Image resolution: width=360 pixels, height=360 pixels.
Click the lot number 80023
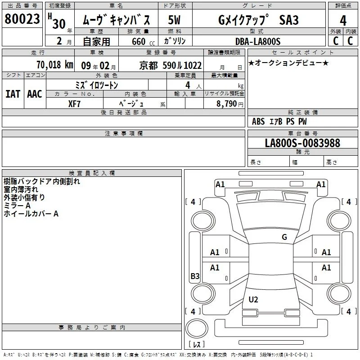coord(22,19)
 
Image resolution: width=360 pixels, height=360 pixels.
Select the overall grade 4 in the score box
coord(343,20)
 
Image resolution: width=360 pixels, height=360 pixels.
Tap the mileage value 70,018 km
coord(55,65)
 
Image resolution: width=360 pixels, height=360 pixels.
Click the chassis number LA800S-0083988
coord(302,143)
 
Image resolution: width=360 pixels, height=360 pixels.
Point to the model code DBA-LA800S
coord(258,41)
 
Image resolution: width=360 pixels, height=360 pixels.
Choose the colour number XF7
coord(74,104)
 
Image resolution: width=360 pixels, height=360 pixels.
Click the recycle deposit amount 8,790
coord(227,103)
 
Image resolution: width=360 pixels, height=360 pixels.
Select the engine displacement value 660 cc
coord(143,41)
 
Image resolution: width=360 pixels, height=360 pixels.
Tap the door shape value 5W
coord(174,20)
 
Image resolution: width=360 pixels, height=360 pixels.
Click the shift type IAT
coord(13,94)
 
